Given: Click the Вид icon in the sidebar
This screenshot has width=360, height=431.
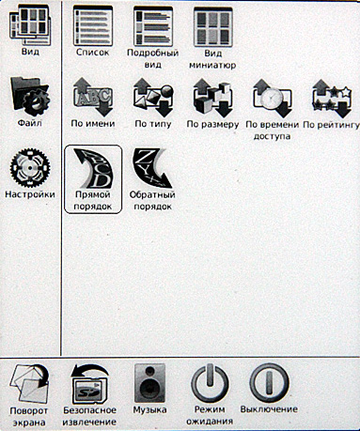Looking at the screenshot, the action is (30, 25).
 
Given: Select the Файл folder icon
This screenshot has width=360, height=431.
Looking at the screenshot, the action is (30, 96).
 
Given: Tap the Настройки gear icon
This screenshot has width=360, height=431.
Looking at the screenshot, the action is (30, 168).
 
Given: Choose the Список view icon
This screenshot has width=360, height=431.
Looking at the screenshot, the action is (93, 25).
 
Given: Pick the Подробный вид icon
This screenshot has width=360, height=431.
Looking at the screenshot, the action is (153, 26).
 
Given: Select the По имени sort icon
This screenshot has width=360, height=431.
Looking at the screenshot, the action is (93, 97).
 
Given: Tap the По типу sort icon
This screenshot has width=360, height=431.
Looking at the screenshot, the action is (153, 98).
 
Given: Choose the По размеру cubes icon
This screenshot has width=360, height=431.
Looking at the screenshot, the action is (213, 98).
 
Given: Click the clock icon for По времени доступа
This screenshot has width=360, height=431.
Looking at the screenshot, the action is (273, 99).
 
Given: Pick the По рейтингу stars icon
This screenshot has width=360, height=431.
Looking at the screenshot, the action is (332, 99).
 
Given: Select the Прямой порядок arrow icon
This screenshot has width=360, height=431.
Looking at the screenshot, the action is (93, 168).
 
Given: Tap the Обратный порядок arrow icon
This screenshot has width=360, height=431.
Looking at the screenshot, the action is (152, 168).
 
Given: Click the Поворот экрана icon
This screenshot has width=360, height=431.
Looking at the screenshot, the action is (29, 383).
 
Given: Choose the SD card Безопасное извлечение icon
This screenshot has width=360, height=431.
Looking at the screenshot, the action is (90, 383).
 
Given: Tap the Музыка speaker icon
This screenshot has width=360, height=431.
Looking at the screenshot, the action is (149, 383).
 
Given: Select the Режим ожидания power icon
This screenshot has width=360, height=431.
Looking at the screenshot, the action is (210, 382).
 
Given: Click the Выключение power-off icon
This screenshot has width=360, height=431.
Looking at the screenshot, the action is (269, 382).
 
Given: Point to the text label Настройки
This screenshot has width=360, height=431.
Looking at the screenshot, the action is (30, 194).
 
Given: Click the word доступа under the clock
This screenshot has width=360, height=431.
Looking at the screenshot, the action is (272, 136).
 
